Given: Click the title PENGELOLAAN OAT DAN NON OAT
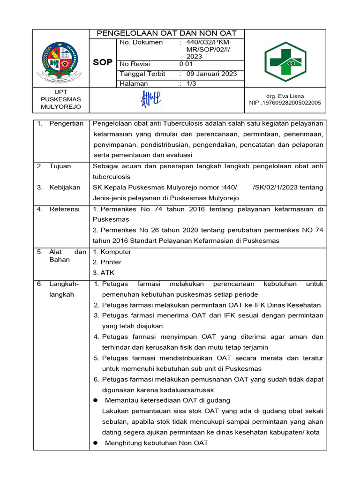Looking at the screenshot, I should tap(166, 33).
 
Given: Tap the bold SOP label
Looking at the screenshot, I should tap(102, 62).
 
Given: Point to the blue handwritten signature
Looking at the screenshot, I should tap(151, 99).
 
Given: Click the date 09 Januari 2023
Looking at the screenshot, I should tap(211, 74).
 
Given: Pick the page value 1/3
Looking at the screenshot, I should tap(193, 83).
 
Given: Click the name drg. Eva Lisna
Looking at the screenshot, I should tap(285, 96).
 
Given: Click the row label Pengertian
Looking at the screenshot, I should tap(66, 124).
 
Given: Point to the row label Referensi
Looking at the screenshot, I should tap(64, 209).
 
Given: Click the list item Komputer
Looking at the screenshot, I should tap(115, 252).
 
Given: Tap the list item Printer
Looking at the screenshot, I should tap(110, 262).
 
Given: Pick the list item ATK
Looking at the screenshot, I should tap(106, 273).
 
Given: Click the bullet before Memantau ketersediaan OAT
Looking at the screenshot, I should tap(96, 400).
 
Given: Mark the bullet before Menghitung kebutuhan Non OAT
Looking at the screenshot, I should tap(96, 443).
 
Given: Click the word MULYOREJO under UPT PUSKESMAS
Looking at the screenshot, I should tap(61, 106).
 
